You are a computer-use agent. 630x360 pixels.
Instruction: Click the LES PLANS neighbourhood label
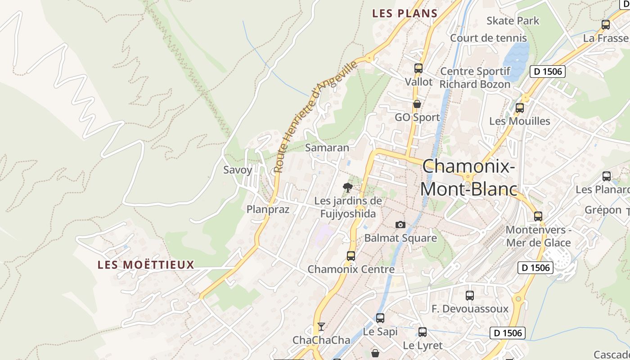405,13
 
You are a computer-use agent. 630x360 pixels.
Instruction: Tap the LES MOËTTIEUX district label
146,265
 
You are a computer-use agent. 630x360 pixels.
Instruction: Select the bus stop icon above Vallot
418,69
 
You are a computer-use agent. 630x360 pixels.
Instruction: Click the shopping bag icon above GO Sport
417,104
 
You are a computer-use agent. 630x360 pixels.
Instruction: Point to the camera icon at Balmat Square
400,225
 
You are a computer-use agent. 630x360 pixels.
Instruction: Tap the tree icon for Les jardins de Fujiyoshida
347,187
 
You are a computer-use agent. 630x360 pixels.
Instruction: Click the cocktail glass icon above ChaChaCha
321,326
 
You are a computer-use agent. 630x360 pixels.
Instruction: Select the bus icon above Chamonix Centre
351,256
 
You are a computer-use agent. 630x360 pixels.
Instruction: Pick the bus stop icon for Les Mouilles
520,108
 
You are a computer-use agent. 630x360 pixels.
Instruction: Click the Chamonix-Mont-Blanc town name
468,178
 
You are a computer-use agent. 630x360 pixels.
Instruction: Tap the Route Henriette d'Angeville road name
315,117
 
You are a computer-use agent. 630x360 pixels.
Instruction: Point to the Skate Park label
513,21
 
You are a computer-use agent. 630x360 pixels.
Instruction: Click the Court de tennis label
488,38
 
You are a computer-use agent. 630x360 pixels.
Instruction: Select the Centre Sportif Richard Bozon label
475,78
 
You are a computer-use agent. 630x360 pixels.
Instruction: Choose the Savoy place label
238,170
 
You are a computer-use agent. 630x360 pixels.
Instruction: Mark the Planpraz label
268,209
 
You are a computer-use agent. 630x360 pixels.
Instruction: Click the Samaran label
327,148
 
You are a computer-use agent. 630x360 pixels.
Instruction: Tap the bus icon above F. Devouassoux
470,296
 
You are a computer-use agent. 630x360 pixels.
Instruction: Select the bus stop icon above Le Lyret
423,332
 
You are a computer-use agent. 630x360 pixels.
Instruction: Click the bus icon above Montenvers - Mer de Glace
538,216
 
